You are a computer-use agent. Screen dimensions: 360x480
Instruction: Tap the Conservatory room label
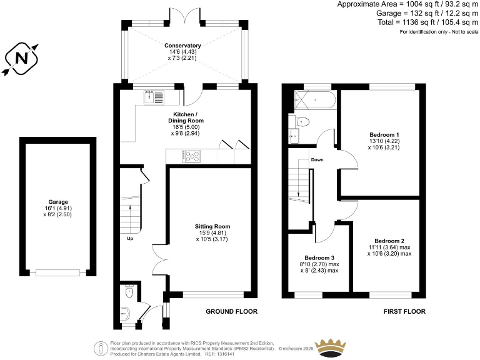coord(182,46)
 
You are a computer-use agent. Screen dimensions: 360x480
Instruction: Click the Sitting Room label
coord(213,226)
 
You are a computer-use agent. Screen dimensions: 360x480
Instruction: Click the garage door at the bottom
coord(57,272)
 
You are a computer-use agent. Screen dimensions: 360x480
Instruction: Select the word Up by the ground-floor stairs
coord(130,239)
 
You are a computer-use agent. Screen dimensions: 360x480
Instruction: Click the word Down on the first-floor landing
coord(317,160)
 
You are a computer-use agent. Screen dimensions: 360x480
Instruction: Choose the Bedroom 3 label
coord(319,258)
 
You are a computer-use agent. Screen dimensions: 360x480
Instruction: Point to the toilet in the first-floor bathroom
coord(302,122)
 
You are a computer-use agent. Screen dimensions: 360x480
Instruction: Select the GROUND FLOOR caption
coord(231,311)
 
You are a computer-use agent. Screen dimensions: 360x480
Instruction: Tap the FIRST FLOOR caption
coord(404,311)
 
